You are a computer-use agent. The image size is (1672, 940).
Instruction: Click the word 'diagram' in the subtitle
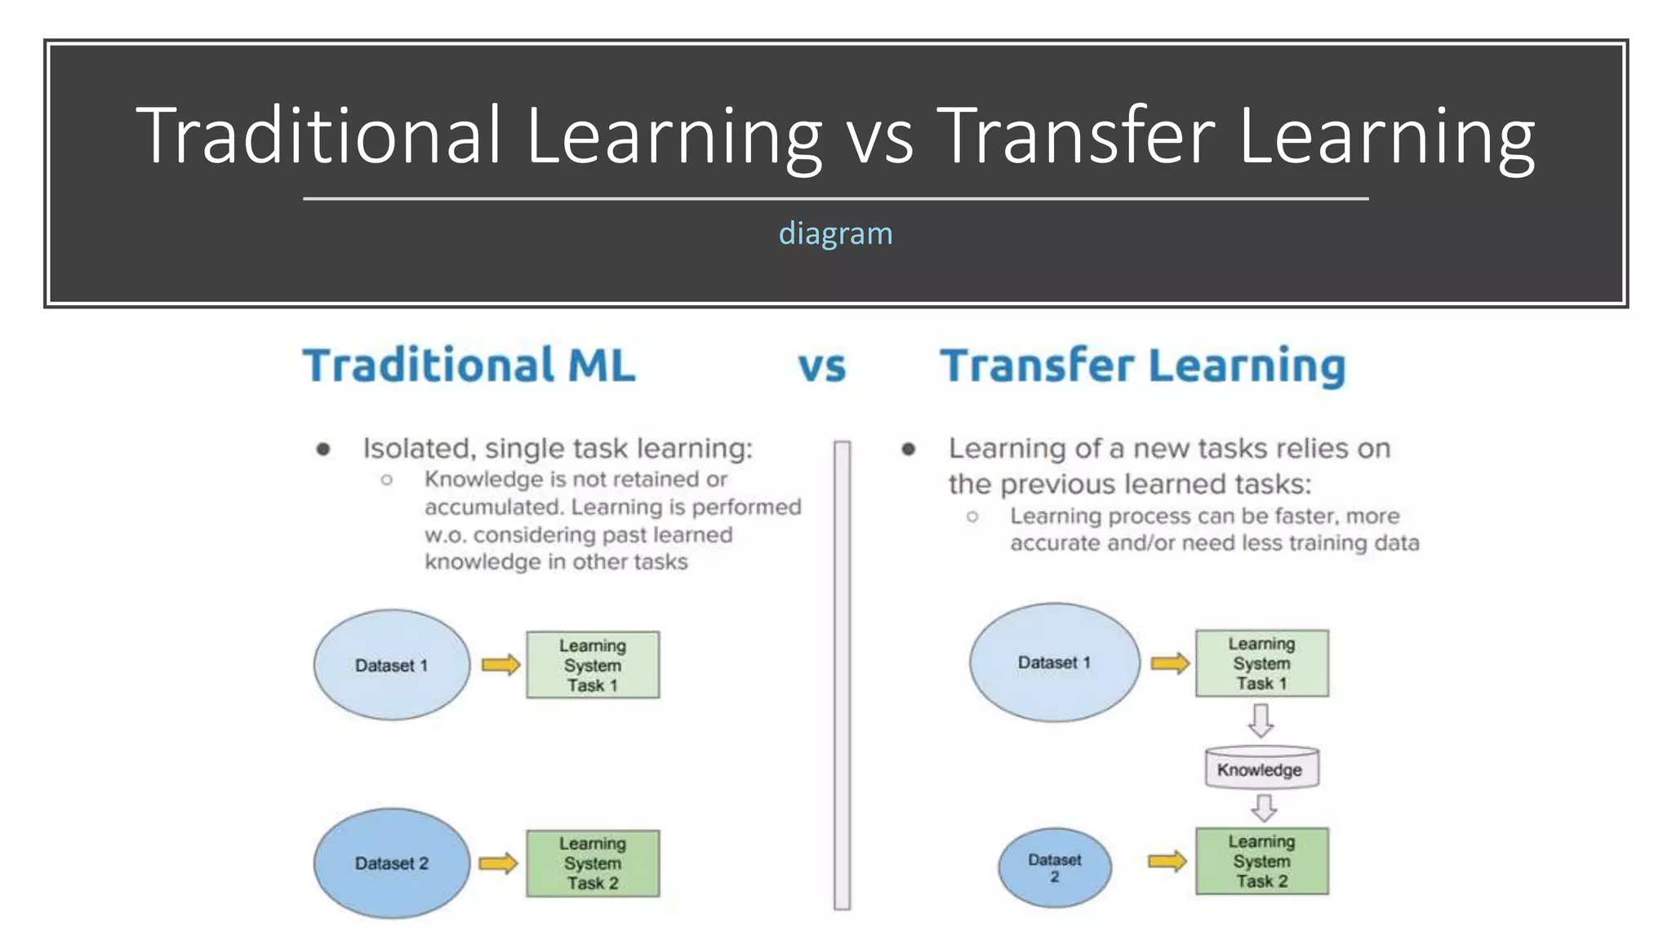click(x=835, y=234)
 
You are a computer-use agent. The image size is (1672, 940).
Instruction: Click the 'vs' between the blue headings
click(x=821, y=366)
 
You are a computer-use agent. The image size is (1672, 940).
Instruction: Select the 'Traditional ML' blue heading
click(x=469, y=366)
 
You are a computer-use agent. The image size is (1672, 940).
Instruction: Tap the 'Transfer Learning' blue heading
click(x=1142, y=366)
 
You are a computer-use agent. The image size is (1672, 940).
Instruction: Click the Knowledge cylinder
click(x=1261, y=768)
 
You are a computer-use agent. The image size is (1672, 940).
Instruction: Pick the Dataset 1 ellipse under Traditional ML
click(x=391, y=665)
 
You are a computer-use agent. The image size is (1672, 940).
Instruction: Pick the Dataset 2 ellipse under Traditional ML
click(x=391, y=863)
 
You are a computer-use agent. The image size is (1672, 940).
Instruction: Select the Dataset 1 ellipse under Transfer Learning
click(x=1054, y=663)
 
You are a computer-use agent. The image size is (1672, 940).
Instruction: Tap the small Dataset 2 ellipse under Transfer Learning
click(x=1054, y=867)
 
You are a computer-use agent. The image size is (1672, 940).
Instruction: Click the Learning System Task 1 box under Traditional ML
click(x=593, y=665)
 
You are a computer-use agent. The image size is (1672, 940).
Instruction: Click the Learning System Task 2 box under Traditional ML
click(x=593, y=863)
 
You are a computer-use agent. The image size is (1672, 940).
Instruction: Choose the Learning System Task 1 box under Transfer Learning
click(x=1261, y=663)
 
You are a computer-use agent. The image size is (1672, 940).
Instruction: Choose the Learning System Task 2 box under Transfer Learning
click(x=1261, y=861)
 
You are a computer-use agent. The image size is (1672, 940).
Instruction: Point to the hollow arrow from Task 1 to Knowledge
click(x=1261, y=721)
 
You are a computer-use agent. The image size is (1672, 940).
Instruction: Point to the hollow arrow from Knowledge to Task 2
click(x=1263, y=808)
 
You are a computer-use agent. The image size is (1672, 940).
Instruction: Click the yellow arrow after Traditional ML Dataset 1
click(x=500, y=665)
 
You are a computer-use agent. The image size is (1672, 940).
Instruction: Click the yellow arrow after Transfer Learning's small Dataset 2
click(x=1167, y=861)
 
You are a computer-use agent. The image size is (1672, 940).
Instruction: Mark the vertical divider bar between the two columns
click(x=842, y=676)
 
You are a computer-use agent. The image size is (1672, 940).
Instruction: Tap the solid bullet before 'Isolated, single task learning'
click(x=323, y=450)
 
